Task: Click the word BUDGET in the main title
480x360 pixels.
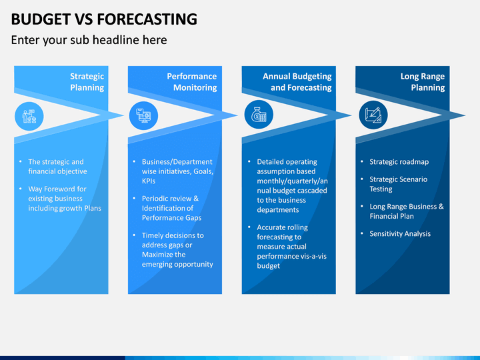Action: [41, 19]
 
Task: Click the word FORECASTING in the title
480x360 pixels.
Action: [147, 19]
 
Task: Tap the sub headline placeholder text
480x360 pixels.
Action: [89, 40]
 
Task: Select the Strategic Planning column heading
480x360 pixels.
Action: [87, 82]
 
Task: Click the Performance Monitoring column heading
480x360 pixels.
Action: [191, 82]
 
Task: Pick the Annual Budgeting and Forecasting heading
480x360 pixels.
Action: [297, 82]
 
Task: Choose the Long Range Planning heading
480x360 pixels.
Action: [423, 82]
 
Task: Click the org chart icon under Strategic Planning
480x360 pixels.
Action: [29, 116]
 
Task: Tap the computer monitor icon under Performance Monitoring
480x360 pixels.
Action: [143, 116]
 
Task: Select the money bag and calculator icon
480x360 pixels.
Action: [259, 115]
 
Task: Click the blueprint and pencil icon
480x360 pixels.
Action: [373, 115]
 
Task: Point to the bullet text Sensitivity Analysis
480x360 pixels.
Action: [400, 234]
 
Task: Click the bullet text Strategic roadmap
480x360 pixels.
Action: [399, 162]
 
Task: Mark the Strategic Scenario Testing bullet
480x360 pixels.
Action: [398, 184]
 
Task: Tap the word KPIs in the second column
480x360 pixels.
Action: [149, 181]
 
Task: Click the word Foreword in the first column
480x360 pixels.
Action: [58, 189]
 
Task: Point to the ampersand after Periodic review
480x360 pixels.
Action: [196, 199]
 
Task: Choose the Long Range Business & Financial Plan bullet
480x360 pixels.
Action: [407, 211]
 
